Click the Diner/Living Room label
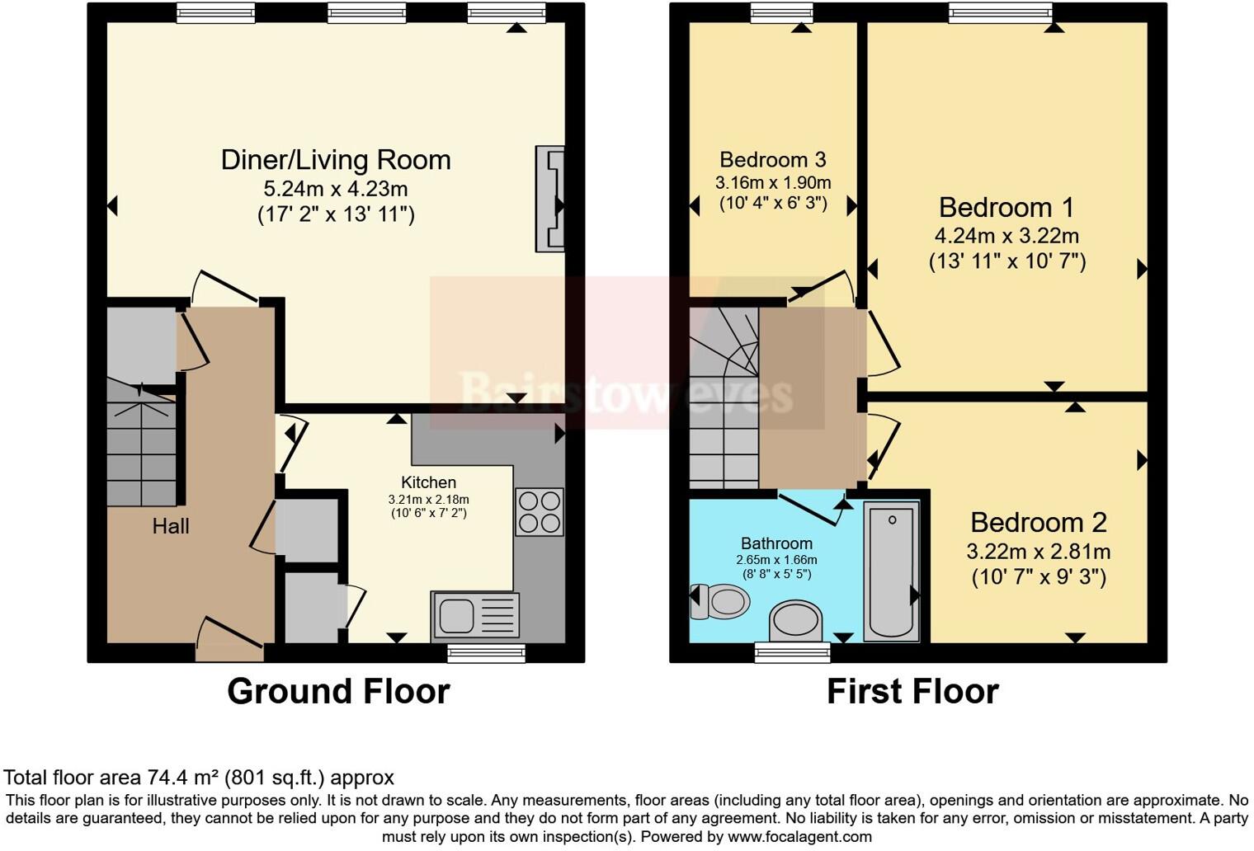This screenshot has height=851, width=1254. [x=336, y=160]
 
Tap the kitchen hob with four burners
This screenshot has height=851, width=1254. [x=540, y=512]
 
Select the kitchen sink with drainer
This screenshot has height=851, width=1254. [x=475, y=616]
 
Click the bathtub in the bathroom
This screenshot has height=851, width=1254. [x=891, y=571]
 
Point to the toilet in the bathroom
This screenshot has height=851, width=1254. [x=720, y=601]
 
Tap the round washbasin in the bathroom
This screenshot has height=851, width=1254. [x=796, y=620]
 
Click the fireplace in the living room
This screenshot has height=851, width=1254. [x=550, y=198]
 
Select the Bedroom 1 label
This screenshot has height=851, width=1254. [x=1006, y=207]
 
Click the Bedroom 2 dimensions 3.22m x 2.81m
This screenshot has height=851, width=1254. [x=1038, y=552]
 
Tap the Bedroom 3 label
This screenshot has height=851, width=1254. [x=772, y=160]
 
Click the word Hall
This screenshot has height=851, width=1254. [x=171, y=526]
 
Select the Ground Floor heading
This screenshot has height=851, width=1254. [x=338, y=691]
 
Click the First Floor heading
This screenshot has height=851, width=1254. [x=912, y=691]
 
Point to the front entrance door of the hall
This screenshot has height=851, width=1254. [x=230, y=642]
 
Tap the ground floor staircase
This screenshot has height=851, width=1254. [x=141, y=445]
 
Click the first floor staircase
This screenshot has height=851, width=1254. [x=724, y=400]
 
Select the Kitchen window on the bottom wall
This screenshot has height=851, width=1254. [x=487, y=654]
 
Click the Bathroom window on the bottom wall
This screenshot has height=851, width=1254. [x=792, y=654]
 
